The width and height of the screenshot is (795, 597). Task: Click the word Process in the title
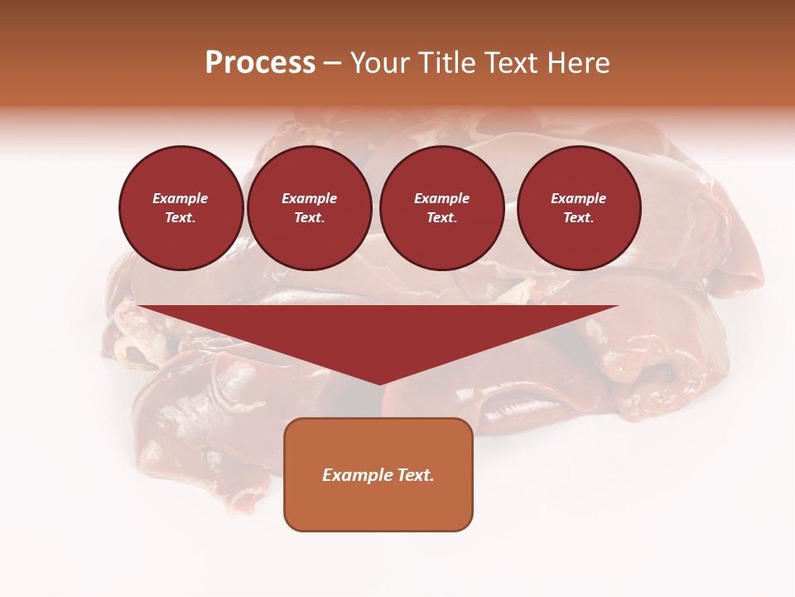(260, 63)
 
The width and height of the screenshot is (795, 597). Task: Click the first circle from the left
(181, 208)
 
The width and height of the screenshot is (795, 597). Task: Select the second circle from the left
(309, 208)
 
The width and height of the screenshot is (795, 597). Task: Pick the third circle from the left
(441, 208)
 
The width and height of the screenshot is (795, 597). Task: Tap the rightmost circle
(578, 208)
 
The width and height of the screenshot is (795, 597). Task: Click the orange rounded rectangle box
(378, 474)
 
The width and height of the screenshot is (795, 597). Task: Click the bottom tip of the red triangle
(379, 384)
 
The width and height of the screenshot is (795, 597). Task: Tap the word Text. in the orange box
(414, 475)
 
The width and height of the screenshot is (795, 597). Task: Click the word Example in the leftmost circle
(181, 199)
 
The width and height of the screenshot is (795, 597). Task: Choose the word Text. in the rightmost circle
(578, 218)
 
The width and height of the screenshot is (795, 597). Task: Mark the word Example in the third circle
(441, 199)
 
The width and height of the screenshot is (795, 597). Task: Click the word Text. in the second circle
(309, 218)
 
